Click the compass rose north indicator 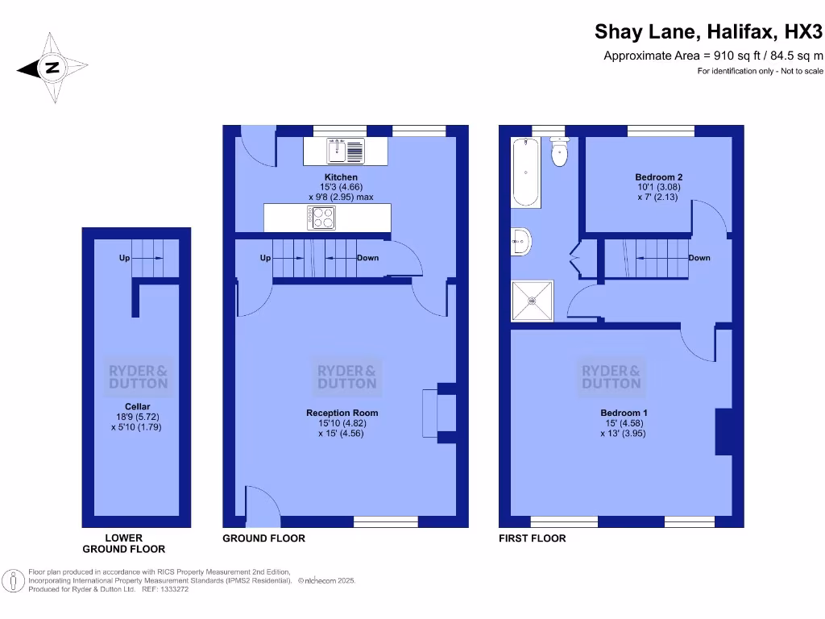(52, 69)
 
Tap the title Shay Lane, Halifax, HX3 (709, 31)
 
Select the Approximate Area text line (713, 56)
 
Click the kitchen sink (346, 150)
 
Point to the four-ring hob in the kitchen (320, 217)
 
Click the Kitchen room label (341, 177)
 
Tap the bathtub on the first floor (524, 172)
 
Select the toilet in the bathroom (560, 152)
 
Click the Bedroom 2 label (658, 177)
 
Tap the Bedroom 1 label (623, 413)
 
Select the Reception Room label (342, 413)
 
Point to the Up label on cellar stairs (124, 258)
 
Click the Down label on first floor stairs (699, 258)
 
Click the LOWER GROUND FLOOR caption (124, 543)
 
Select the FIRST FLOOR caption (533, 538)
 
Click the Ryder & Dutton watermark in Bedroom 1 (611, 377)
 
